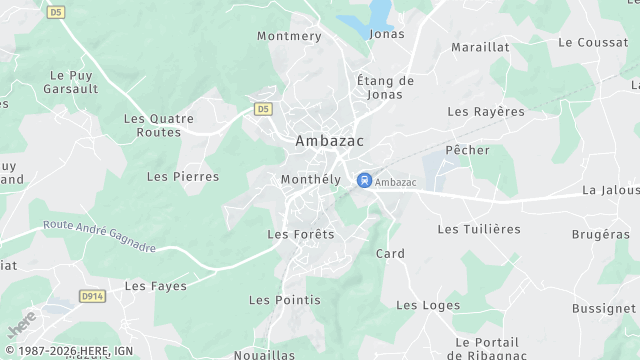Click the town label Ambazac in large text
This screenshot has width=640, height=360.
pyautogui.click(x=328, y=142)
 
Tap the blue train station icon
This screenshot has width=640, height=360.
pyautogui.click(x=364, y=180)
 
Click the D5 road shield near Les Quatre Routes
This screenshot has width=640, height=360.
pyautogui.click(x=263, y=108)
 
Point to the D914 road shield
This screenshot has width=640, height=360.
pyautogui.click(x=93, y=296)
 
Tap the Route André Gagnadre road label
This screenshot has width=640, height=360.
pyautogui.click(x=100, y=238)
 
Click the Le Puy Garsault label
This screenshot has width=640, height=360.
pyautogui.click(x=70, y=81)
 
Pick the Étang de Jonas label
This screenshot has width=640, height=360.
pyautogui.click(x=385, y=87)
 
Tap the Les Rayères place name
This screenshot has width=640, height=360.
pyautogui.click(x=486, y=111)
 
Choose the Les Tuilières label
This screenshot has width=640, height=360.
pyautogui.click(x=479, y=229)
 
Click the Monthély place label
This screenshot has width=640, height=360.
pyautogui.click(x=306, y=179)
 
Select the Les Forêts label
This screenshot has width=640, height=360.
pyautogui.click(x=301, y=234)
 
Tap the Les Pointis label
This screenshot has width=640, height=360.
pyautogui.click(x=285, y=300)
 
